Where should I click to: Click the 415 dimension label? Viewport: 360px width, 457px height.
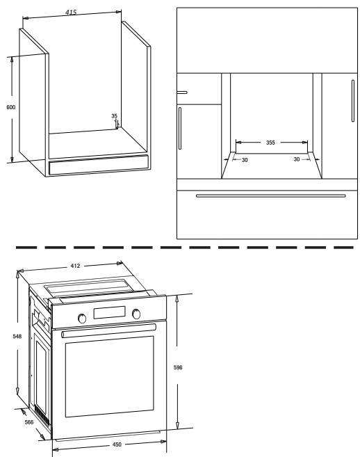pyautogui.click(x=71, y=13)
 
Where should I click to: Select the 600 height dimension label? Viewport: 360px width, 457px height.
pyautogui.click(x=11, y=107)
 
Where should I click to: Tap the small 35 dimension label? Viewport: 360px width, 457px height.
pyautogui.click(x=114, y=116)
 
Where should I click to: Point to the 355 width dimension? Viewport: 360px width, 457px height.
pyautogui.click(x=270, y=143)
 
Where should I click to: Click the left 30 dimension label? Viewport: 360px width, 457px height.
pyautogui.click(x=245, y=160)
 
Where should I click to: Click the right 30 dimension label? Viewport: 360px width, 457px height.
pyautogui.click(x=297, y=159)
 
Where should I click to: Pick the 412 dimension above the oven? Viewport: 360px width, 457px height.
pyautogui.click(x=75, y=266)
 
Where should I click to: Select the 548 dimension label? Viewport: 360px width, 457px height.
pyautogui.click(x=17, y=337)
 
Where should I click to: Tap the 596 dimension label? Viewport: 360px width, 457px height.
pyautogui.click(x=178, y=367)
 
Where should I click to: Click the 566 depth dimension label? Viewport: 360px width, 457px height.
pyautogui.click(x=28, y=422)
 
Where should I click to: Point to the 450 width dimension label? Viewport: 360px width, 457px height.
pyautogui.click(x=117, y=444)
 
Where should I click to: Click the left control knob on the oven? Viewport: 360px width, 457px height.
pyautogui.click(x=82, y=319)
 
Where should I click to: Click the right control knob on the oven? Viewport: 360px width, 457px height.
pyautogui.click(x=136, y=314)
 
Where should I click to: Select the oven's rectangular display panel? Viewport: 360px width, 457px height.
pyautogui.click(x=109, y=312)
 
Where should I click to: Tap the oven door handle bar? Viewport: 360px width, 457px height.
pyautogui.click(x=108, y=330)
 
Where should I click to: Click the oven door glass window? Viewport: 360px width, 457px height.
pyautogui.click(x=110, y=376)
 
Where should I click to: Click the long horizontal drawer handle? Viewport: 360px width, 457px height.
pyautogui.click(x=271, y=196)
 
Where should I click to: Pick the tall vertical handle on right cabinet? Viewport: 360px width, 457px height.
pyautogui.click(x=353, y=101)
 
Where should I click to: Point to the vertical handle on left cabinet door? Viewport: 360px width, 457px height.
pyautogui.click(x=180, y=128)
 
